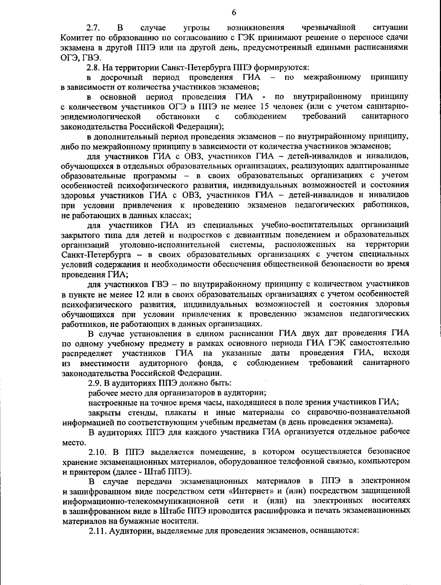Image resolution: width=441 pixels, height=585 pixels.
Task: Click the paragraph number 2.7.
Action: pos(92,27)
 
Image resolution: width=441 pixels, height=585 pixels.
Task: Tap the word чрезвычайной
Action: pos(328,27)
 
